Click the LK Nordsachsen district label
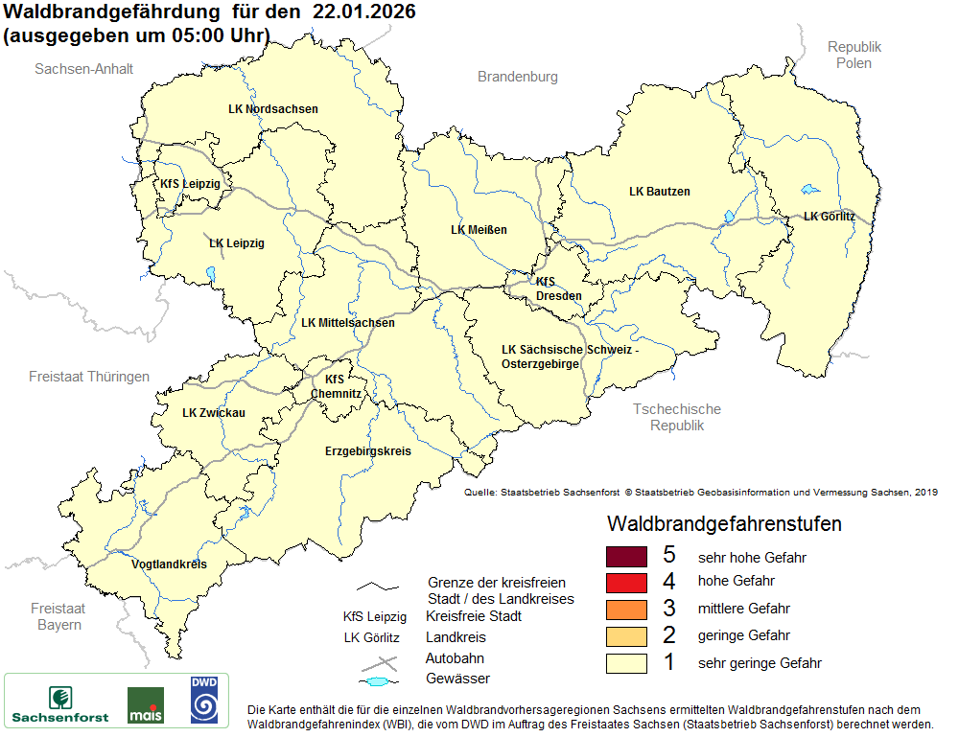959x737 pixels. tap(273, 109)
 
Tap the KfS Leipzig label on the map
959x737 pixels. tap(190, 183)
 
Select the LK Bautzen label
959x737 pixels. tap(660, 192)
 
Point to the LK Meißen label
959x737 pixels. tap(479, 230)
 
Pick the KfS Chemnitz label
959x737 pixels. tap(336, 386)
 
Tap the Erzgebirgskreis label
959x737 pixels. tap(367, 450)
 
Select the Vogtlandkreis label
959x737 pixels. tap(169, 564)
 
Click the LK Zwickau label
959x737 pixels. tap(214, 413)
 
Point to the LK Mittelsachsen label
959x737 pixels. tap(347, 323)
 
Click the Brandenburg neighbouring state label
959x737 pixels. tap(518, 77)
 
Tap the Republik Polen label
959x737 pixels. tap(854, 55)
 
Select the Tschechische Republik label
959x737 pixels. tap(677, 417)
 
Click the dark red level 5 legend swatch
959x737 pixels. tap(628, 557)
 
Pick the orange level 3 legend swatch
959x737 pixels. tap(628, 610)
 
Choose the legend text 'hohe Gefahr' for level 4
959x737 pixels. tap(737, 581)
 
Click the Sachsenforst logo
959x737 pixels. tap(60, 702)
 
